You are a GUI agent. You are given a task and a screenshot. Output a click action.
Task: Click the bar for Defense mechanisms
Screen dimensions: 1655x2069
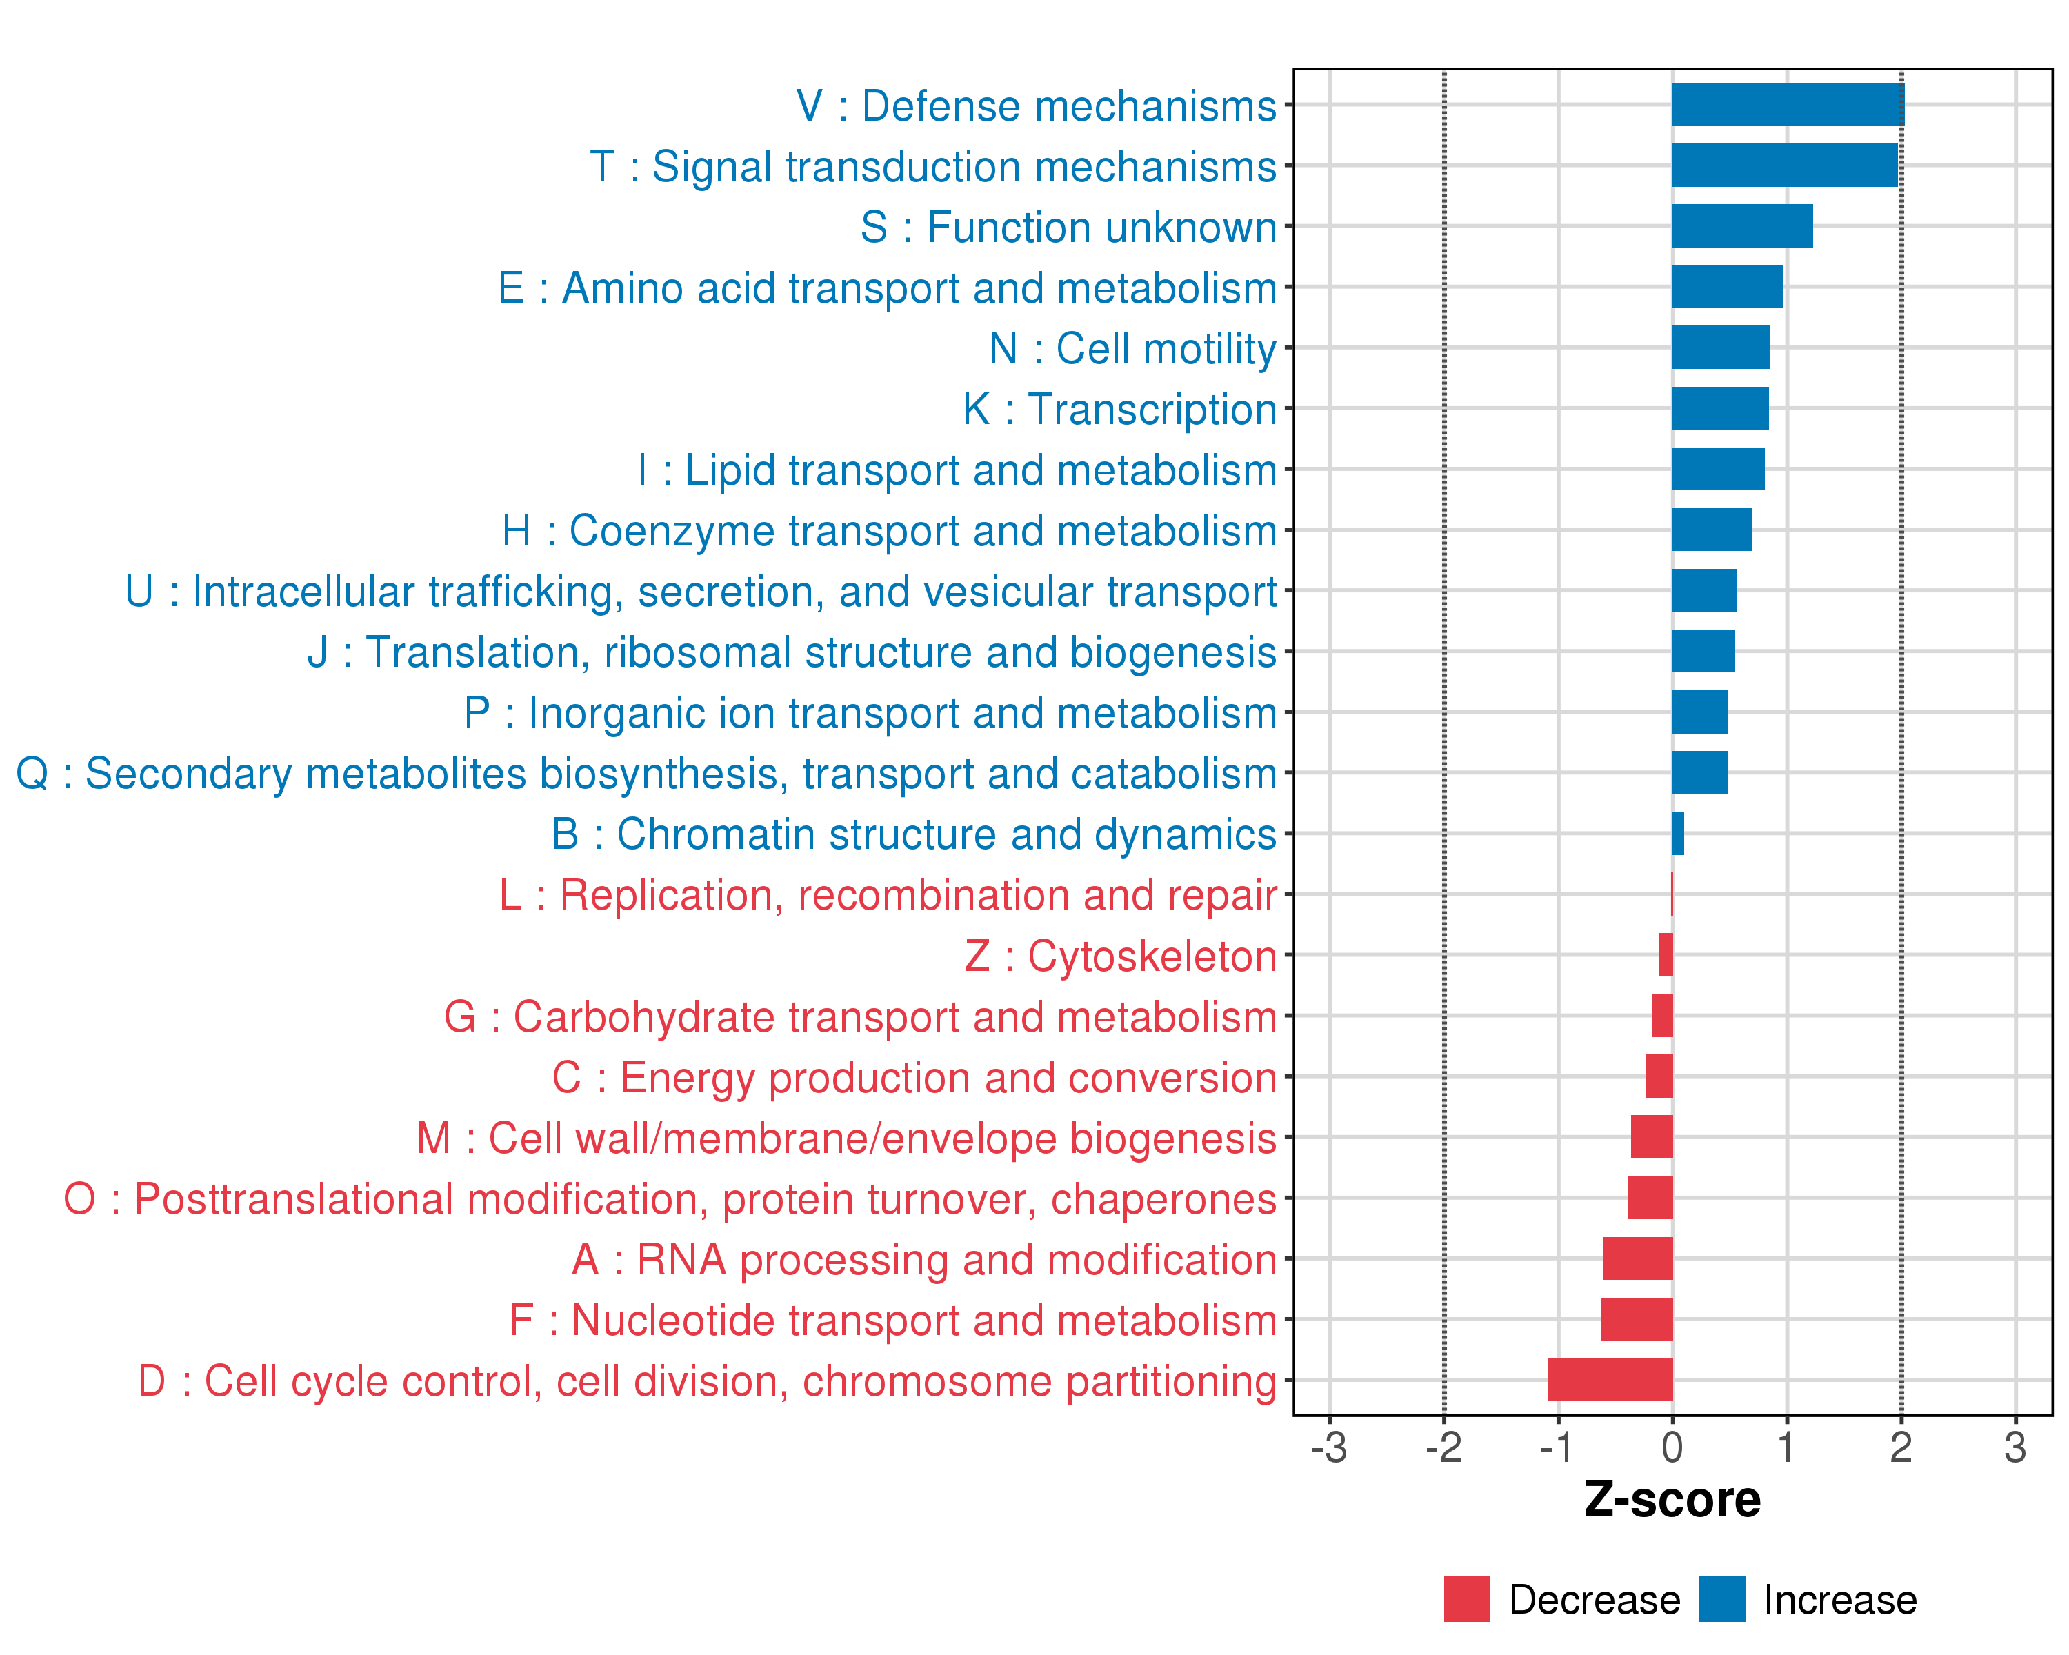pyautogui.click(x=1787, y=105)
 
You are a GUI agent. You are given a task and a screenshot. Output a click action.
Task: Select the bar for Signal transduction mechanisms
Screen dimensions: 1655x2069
pyautogui.click(x=1784, y=165)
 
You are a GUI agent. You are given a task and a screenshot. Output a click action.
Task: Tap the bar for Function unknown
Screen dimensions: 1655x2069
pyautogui.click(x=1742, y=226)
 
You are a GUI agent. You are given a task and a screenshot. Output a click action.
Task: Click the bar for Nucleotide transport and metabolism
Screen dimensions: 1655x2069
pyautogui.click(x=1635, y=1319)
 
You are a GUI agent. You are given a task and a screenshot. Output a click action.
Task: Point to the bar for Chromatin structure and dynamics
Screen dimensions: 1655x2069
pyautogui.click(x=1677, y=833)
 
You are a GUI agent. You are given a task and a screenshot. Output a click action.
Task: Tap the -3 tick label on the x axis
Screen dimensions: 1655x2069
pyautogui.click(x=1328, y=1447)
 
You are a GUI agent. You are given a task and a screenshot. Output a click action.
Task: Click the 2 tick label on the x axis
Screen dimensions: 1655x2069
pyautogui.click(x=1900, y=1447)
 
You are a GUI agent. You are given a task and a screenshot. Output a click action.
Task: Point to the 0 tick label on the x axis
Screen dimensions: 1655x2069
pyautogui.click(x=1672, y=1447)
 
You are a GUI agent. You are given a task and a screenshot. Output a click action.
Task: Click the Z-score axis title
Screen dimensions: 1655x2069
pyautogui.click(x=1672, y=1500)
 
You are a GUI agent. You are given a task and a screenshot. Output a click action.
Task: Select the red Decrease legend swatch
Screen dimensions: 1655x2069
pyautogui.click(x=1466, y=1598)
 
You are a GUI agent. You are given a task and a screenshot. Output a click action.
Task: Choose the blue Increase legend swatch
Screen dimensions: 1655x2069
pyautogui.click(x=1721, y=1598)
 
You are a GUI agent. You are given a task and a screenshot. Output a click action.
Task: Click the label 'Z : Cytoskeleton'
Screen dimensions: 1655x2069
pyautogui.click(x=1120, y=956)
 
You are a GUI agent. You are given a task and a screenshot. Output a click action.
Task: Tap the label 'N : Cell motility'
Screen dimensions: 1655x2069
pyautogui.click(x=1132, y=348)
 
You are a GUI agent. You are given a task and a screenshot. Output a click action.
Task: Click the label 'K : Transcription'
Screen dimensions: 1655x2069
pyautogui.click(x=1119, y=409)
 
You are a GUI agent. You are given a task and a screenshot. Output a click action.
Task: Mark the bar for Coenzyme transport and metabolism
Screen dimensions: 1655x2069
pyautogui.click(x=1711, y=530)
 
